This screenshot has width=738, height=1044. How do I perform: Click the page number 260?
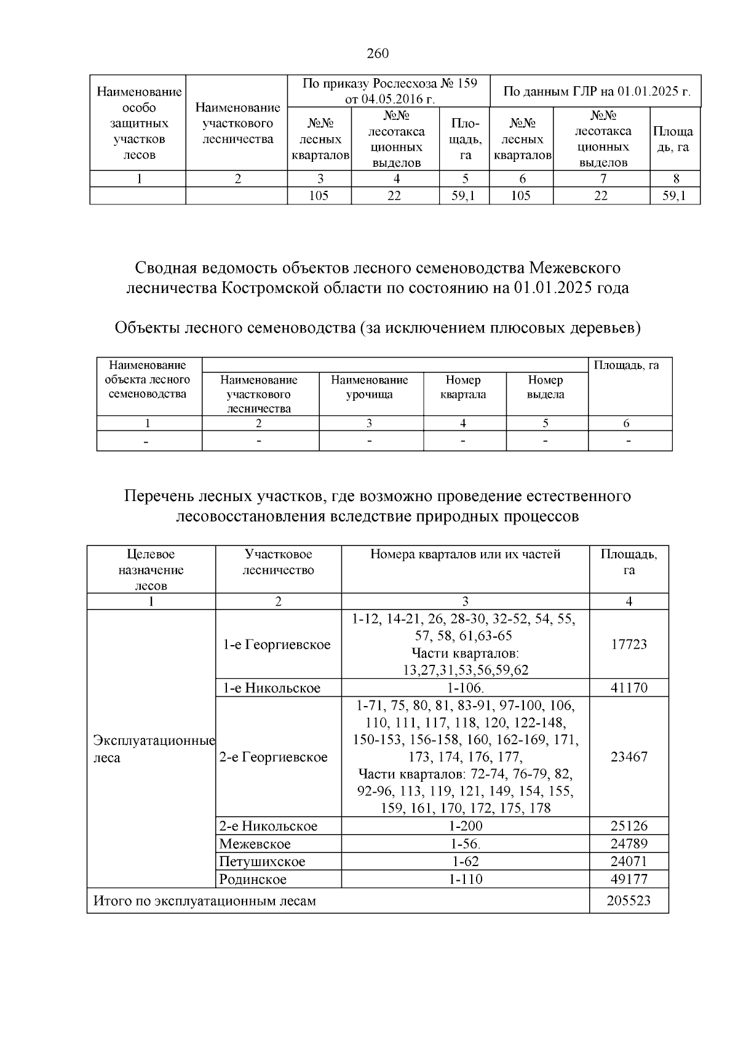pos(378,54)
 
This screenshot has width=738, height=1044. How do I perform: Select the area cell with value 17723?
pos(629,644)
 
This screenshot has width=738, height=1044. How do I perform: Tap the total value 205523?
pos(629,901)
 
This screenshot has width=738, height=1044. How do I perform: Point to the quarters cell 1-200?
pos(466,826)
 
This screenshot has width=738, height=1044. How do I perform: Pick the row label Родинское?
pos(253,879)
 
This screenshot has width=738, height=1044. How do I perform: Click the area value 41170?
pos(629,688)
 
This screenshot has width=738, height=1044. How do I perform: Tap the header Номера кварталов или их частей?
pos(465,554)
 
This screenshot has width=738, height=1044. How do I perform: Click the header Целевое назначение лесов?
pos(151,569)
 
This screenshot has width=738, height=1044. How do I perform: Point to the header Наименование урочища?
pos(370,387)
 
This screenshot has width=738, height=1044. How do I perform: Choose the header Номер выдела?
pos(546,387)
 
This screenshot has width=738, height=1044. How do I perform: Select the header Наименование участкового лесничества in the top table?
pos(237,123)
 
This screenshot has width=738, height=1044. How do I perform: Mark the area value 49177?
pos(629,879)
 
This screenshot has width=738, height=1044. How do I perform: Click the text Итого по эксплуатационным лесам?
pos(204,901)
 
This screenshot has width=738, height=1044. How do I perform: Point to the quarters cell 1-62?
pos(465,861)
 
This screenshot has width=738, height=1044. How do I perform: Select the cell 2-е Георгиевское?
pos(273,757)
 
